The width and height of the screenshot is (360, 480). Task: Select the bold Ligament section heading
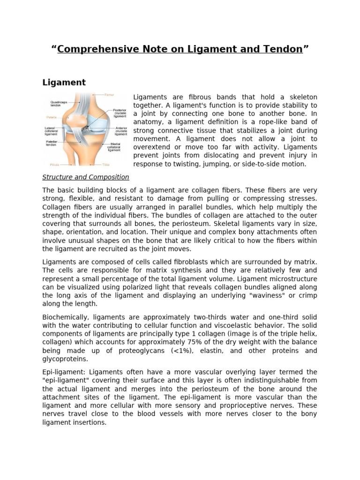[64, 82]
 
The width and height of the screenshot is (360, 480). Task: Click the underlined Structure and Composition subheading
[86, 177]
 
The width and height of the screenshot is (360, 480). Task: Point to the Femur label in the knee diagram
[109, 95]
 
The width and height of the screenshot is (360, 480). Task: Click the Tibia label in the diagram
[108, 165]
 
